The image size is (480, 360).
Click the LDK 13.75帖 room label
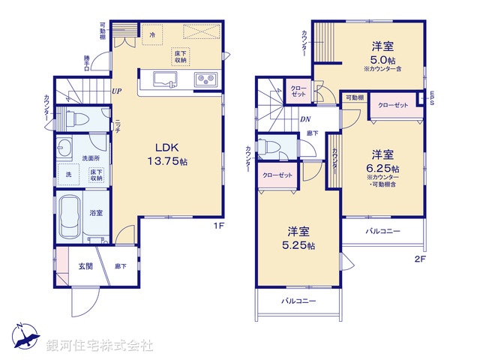pos(172,154)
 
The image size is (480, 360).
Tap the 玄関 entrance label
pos(85,265)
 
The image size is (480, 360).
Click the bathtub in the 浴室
pos(69,214)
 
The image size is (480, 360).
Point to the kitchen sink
pos(164,79)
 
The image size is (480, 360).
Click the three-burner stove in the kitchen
pos(205,79)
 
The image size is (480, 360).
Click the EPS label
pos(432,97)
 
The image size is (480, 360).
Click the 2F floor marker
pos(419,261)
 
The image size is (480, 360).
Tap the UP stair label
pos(118,91)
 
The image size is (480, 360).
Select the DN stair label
pos(305,118)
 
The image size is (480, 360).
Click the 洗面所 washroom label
pos(91,158)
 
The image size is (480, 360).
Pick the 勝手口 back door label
pos(87,64)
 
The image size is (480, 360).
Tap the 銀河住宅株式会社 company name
pos(100,346)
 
